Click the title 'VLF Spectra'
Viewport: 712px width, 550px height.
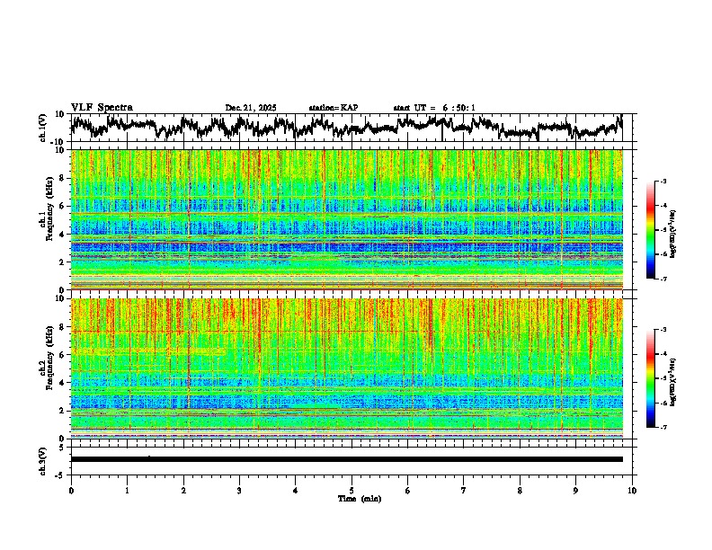pyautogui.click(x=102, y=107)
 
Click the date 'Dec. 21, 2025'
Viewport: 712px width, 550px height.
pyautogui.click(x=251, y=108)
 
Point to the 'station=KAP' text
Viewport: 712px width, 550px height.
pyautogui.click(x=334, y=108)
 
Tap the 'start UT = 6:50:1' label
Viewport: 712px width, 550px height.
pyautogui.click(x=434, y=108)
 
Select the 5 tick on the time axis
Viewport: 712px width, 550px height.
pyautogui.click(x=352, y=490)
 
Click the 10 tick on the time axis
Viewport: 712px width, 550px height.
pyautogui.click(x=633, y=490)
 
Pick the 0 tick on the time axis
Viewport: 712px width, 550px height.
pyautogui.click(x=71, y=490)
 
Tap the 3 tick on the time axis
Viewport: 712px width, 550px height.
pyautogui.click(x=239, y=490)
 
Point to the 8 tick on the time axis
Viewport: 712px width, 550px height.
pyautogui.click(x=521, y=490)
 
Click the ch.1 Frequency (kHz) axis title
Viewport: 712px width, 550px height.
pyautogui.click(x=45, y=220)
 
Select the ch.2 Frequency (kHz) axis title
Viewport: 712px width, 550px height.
pyautogui.click(x=45, y=368)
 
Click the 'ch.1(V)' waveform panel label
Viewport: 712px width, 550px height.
pyautogui.click(x=43, y=128)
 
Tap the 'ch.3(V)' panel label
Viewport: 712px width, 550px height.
pyautogui.click(x=43, y=458)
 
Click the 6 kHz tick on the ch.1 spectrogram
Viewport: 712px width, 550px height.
pyautogui.click(x=63, y=207)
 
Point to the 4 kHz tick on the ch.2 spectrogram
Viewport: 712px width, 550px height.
pyautogui.click(x=63, y=383)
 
